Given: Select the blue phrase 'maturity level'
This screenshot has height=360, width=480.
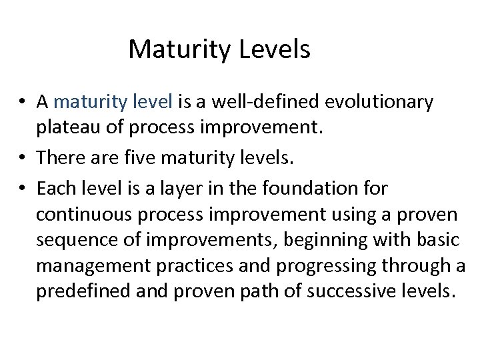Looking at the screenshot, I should (x=113, y=103).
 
